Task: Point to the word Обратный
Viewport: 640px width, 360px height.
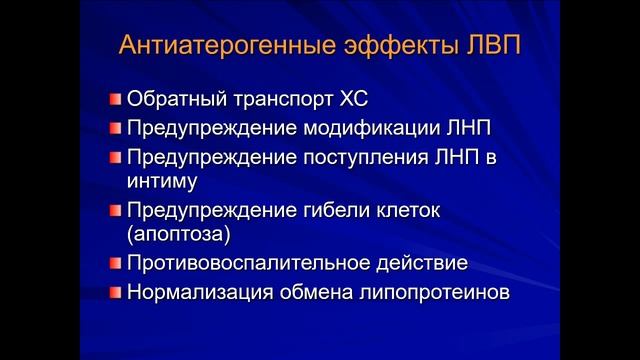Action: (172, 100)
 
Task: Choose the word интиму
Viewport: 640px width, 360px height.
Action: (162, 182)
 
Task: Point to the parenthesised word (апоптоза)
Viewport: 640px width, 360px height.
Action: (178, 236)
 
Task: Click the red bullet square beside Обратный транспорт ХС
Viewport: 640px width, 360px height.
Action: (115, 100)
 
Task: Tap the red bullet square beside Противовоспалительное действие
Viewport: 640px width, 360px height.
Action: (115, 265)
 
